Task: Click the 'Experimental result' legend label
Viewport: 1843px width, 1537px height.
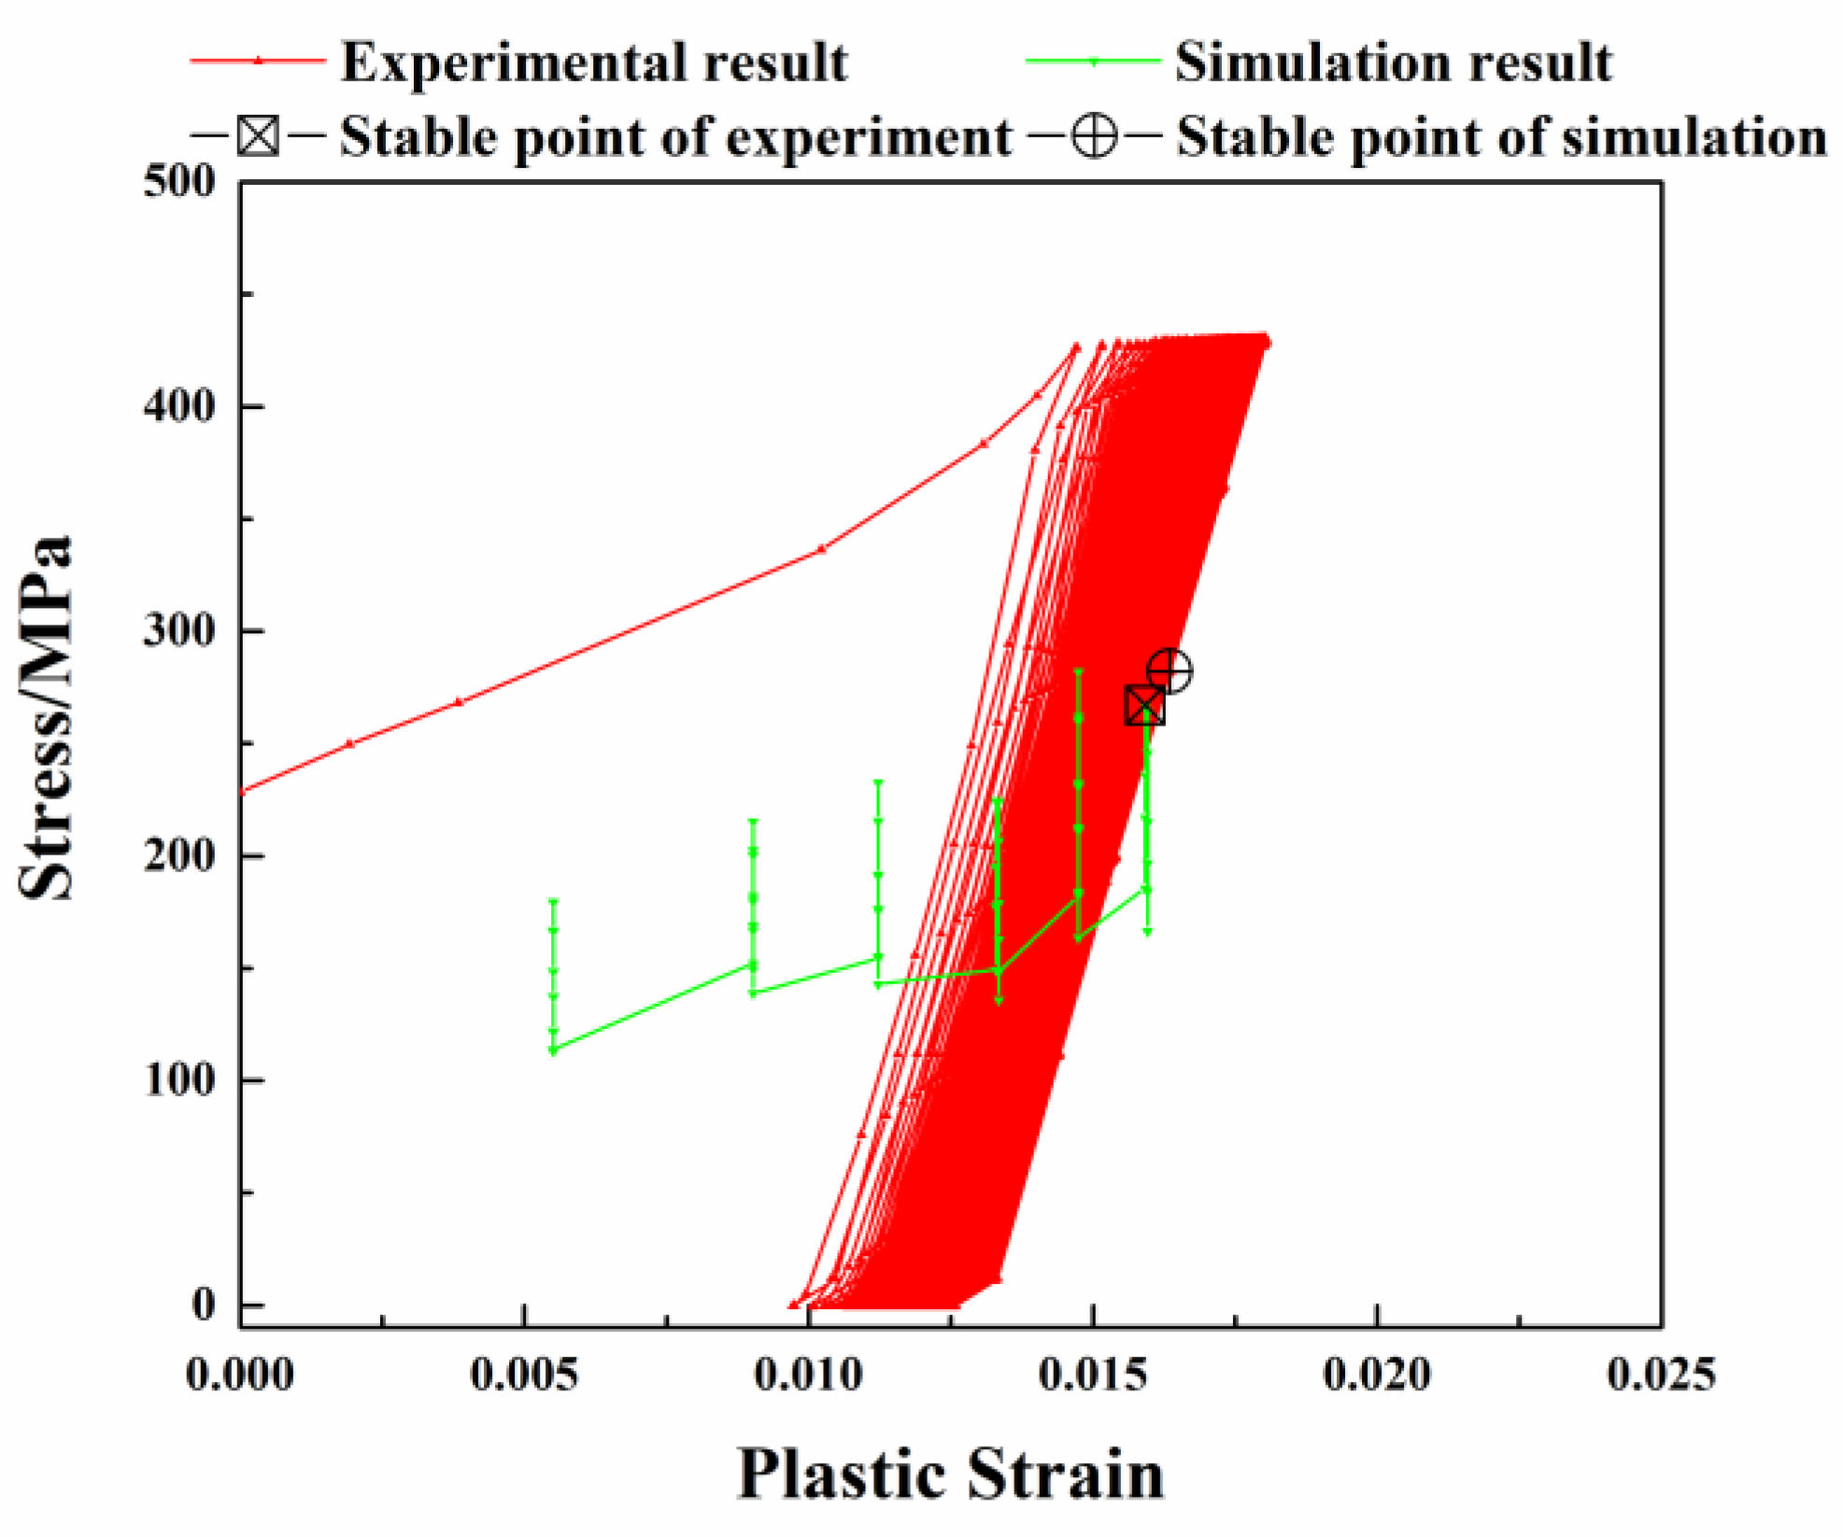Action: click(x=594, y=63)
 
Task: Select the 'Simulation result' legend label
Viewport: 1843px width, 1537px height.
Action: click(x=1393, y=63)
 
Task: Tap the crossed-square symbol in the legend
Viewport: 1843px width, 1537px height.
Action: click(x=258, y=136)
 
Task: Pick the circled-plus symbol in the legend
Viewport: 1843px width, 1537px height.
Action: click(x=1094, y=136)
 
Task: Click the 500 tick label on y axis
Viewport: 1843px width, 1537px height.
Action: click(x=179, y=181)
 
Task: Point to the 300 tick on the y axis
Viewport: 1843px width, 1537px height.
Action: click(x=179, y=631)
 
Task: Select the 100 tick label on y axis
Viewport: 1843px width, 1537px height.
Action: click(x=179, y=1080)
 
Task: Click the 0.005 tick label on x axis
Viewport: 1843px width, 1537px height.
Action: click(x=524, y=1375)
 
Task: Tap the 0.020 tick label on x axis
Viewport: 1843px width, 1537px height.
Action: click(x=1377, y=1375)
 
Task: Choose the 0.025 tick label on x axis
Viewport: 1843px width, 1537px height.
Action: click(x=1661, y=1375)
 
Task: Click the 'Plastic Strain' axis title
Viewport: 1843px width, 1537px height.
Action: click(x=951, y=1474)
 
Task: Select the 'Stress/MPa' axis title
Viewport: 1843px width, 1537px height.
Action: click(x=45, y=718)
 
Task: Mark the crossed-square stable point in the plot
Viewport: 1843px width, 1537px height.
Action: click(x=1145, y=706)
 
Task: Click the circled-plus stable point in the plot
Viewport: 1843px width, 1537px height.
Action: click(x=1170, y=671)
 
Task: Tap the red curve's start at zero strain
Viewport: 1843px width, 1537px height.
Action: click(x=242, y=793)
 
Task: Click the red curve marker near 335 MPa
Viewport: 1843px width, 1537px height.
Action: click(x=821, y=550)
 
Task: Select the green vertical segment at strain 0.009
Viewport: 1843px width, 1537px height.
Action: click(x=753, y=906)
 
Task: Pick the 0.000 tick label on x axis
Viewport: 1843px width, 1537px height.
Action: click(x=240, y=1375)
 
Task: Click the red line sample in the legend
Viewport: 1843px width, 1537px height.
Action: click(x=259, y=62)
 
